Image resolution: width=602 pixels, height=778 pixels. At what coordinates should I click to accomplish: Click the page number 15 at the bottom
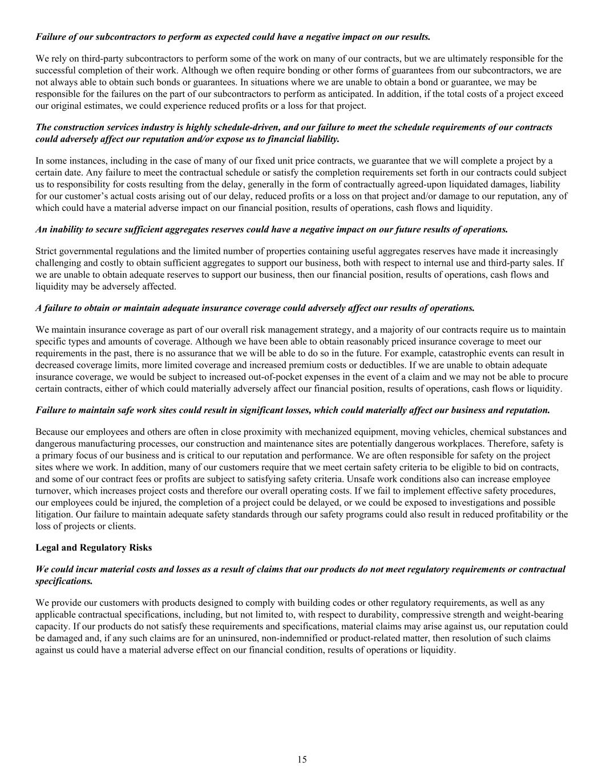tap(302, 759)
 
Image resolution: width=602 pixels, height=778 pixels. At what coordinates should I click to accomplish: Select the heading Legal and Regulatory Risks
tap(94, 548)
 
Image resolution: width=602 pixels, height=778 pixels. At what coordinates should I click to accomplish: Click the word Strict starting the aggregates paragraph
tap(46, 251)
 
